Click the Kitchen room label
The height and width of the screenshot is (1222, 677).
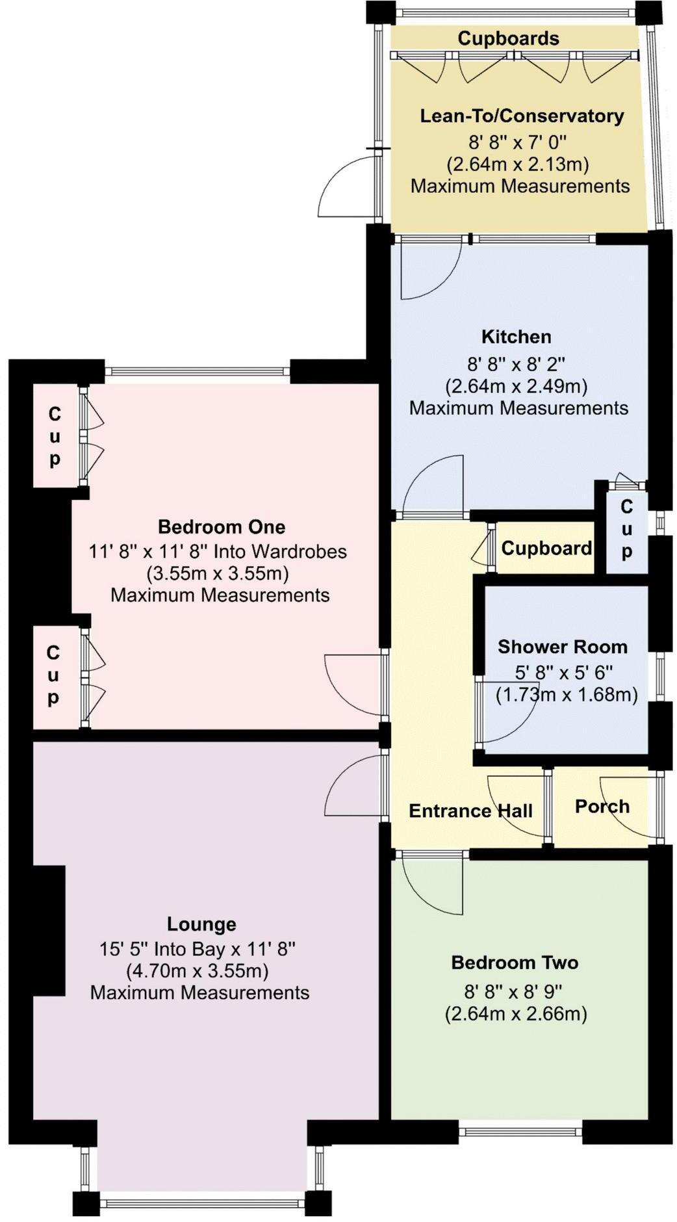[516, 337]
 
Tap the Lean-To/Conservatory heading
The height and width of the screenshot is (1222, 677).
[522, 116]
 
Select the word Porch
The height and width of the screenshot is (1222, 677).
[602, 807]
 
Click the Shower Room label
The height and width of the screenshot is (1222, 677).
[563, 647]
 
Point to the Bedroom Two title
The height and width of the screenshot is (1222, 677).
[515, 962]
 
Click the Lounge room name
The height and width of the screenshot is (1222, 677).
[201, 924]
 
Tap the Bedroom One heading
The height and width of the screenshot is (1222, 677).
[222, 526]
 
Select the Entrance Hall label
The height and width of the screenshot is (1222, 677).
[470, 811]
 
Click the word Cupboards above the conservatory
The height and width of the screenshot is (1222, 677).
[508, 38]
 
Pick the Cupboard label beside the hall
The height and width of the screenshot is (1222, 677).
[546, 548]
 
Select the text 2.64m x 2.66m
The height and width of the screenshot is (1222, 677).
[516, 1014]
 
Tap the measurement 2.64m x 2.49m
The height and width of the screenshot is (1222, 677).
[516, 386]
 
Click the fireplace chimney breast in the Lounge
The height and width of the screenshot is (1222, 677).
[49, 930]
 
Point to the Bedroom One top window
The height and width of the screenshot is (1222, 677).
[197, 372]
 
